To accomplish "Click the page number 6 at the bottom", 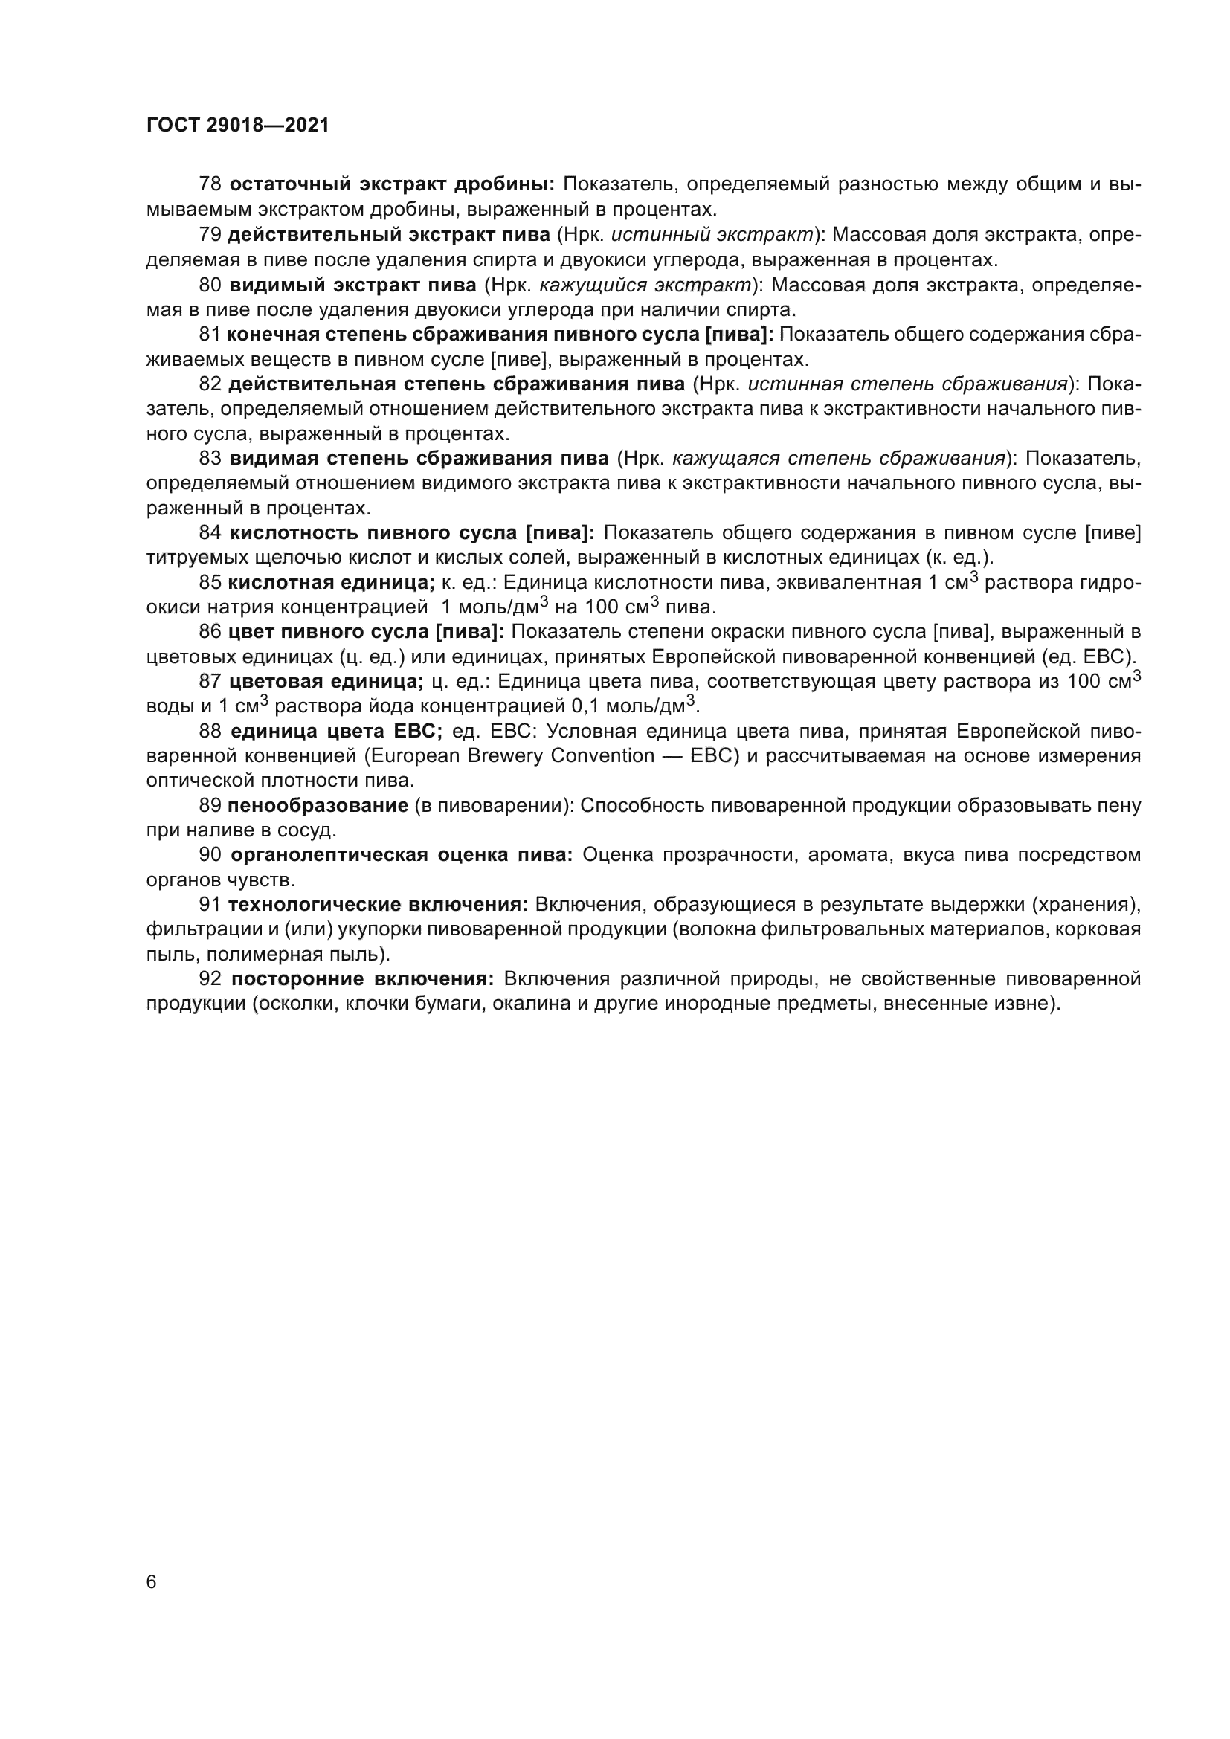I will pos(152,1582).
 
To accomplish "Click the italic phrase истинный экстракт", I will pos(712,235).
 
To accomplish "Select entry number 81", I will pos(209,335).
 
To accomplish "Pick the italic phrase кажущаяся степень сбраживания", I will pos(838,458).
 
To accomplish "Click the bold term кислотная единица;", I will pos(332,582).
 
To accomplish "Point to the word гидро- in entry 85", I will pos(1110,582).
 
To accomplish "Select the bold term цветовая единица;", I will pos(326,682).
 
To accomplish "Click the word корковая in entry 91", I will pos(1104,929).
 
